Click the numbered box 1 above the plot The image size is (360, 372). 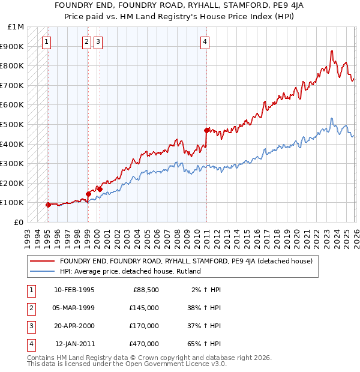(47, 41)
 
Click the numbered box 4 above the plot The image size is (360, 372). (205, 41)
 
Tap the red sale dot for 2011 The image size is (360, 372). (206, 130)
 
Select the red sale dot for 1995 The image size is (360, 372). (48, 205)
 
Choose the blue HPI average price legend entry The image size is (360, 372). (130, 271)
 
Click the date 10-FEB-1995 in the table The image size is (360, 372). (74, 290)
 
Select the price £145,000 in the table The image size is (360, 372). (143, 308)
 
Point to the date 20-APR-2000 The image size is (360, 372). (74, 326)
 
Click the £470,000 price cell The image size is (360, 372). (143, 344)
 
